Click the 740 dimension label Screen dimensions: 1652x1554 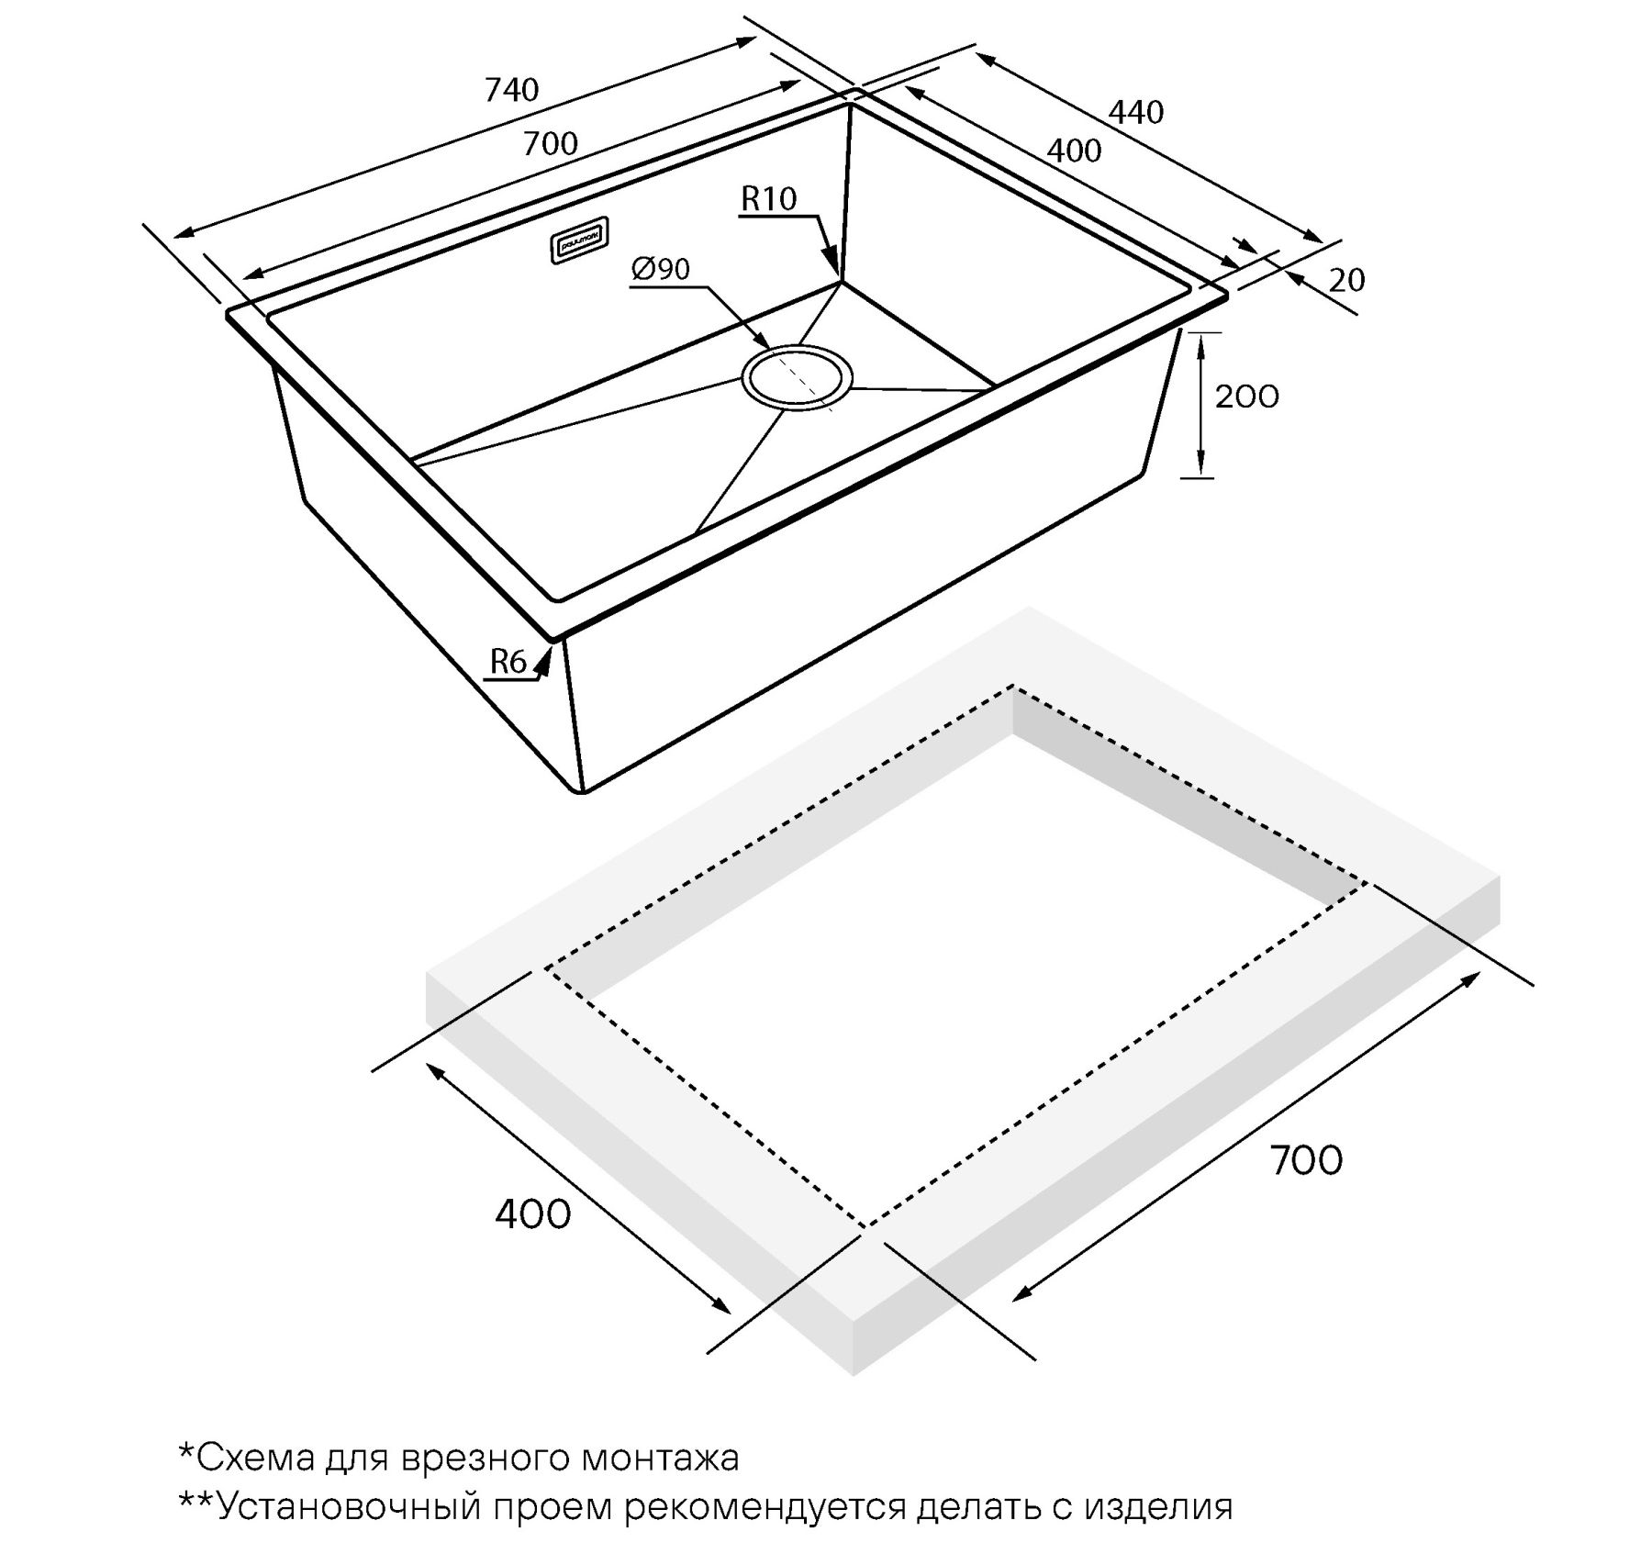[x=511, y=90]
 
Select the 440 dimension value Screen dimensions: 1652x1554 [x=1136, y=112]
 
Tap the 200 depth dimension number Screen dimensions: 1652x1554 [x=1246, y=397]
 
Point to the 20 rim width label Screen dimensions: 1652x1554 [x=1346, y=280]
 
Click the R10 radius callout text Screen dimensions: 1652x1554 [x=769, y=199]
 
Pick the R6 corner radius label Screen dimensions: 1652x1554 [x=508, y=661]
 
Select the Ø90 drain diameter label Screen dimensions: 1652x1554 [x=661, y=270]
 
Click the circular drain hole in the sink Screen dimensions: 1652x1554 [x=797, y=377]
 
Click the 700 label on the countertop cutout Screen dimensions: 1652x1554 [x=1306, y=1160]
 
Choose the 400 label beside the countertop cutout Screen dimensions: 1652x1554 [x=532, y=1214]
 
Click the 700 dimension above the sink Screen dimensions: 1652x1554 [x=551, y=144]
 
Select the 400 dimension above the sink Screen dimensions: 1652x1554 [x=1074, y=151]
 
